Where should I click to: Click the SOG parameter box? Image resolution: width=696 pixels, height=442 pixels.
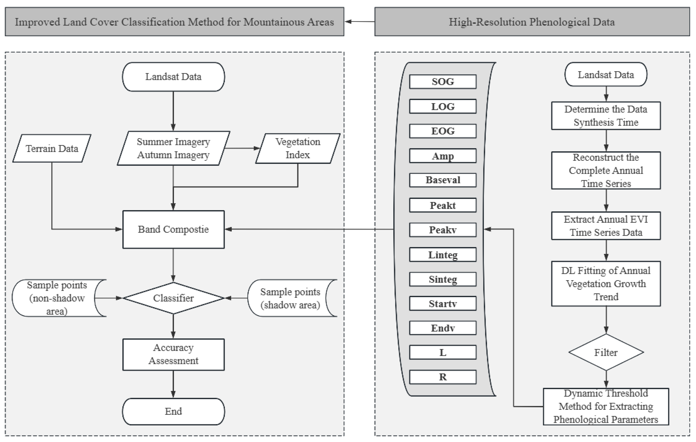pos(443,82)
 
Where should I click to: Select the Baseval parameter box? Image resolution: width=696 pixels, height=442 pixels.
pos(443,180)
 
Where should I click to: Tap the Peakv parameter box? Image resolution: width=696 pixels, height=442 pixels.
pos(443,230)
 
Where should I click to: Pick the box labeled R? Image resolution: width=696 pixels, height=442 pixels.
pos(443,377)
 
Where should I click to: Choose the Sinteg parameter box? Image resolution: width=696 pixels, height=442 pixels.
pos(443,279)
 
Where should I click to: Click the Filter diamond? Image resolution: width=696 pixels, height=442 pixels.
pos(606,352)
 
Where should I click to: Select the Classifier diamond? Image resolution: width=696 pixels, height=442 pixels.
pos(173,298)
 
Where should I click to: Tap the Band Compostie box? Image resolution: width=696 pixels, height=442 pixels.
pos(173,229)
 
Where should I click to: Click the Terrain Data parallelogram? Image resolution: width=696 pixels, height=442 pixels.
pos(52,148)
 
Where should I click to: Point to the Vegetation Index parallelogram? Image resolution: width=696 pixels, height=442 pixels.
pos(298,148)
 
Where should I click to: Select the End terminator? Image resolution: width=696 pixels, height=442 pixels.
pos(173,411)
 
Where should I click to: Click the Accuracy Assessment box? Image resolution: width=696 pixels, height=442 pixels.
pos(173,354)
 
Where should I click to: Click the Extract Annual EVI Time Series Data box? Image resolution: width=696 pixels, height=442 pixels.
pos(606,226)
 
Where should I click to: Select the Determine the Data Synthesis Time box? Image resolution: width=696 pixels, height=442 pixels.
pos(606,115)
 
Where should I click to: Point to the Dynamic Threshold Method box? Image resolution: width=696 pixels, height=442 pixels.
pos(606,406)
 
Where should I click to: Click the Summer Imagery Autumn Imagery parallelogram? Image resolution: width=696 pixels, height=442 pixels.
pos(173,148)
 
